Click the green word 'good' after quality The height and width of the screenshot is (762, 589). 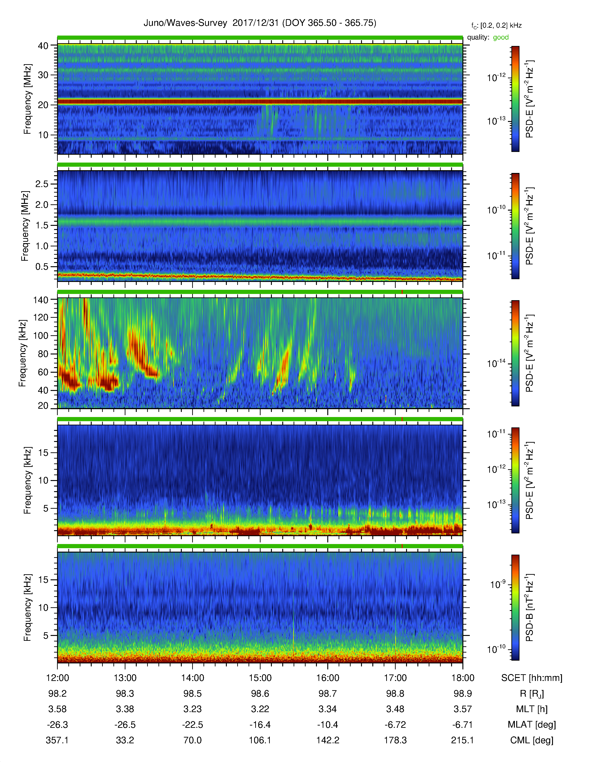tap(501, 37)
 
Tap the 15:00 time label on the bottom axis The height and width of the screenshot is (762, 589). tap(260, 678)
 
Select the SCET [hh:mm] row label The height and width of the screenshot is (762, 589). tap(532, 678)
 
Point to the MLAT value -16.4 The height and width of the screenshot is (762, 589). tap(260, 725)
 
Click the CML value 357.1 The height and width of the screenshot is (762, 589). tap(57, 740)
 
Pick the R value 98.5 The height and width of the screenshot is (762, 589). tap(193, 694)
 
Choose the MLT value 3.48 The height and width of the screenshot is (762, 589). tap(395, 709)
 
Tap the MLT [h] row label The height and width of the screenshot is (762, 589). tap(532, 709)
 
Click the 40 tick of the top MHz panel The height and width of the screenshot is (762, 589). tap(43, 46)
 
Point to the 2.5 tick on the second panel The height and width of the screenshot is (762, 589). tap(42, 184)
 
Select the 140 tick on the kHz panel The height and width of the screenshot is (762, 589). tap(40, 300)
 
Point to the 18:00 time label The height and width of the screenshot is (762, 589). tap(463, 678)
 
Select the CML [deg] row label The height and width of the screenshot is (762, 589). tap(532, 740)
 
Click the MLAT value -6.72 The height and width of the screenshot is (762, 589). tap(395, 725)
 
